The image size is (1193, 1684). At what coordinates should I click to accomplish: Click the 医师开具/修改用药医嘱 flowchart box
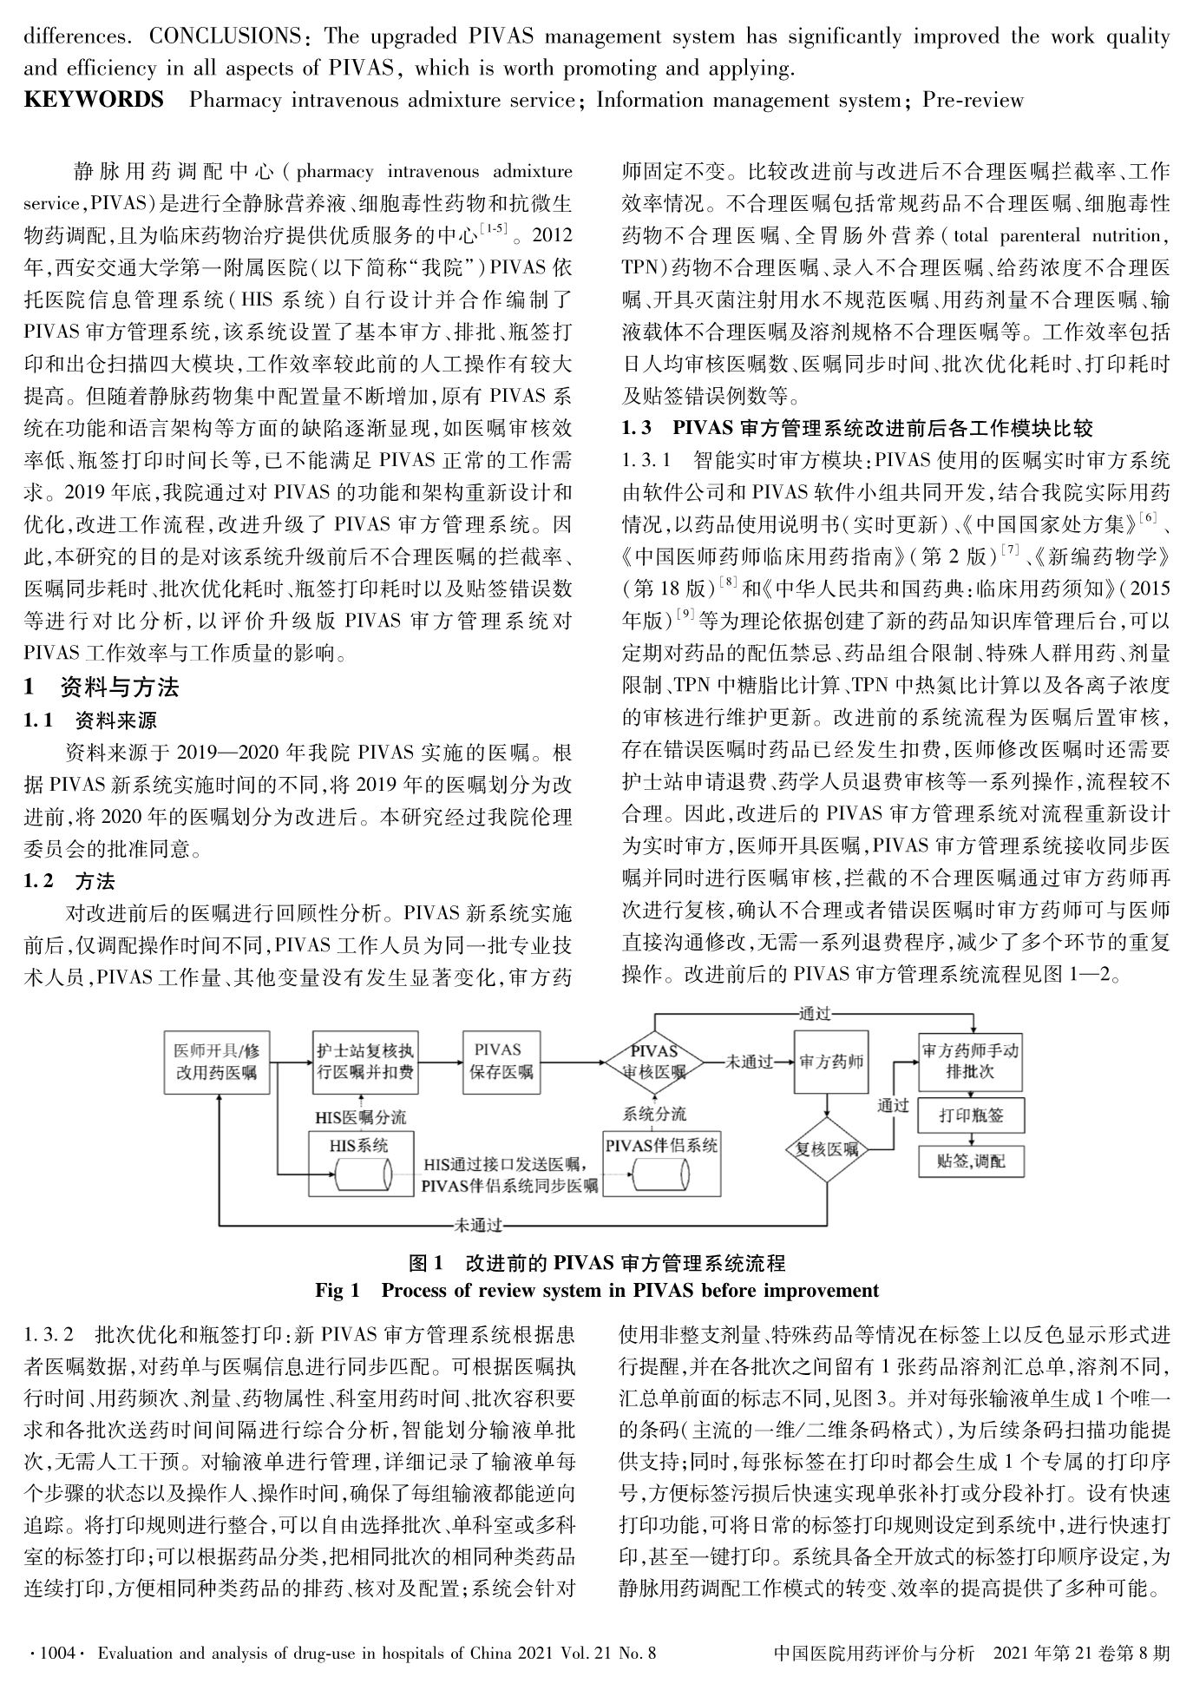(x=216, y=1062)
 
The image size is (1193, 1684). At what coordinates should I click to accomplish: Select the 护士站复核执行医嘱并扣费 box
(x=364, y=1062)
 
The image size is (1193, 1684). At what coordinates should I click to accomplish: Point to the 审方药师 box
(x=828, y=1062)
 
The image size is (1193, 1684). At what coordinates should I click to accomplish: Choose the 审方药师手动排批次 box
(x=970, y=1062)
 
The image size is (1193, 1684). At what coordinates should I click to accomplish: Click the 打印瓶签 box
(x=970, y=1115)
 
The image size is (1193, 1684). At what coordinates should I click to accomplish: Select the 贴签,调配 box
(x=970, y=1161)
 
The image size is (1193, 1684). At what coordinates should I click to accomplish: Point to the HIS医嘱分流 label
(x=361, y=1116)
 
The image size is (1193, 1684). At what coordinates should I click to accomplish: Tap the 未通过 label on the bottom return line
(x=478, y=1226)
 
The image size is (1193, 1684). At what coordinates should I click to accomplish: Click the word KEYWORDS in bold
(x=94, y=100)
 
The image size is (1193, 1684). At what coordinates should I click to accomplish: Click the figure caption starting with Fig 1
(x=596, y=1291)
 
